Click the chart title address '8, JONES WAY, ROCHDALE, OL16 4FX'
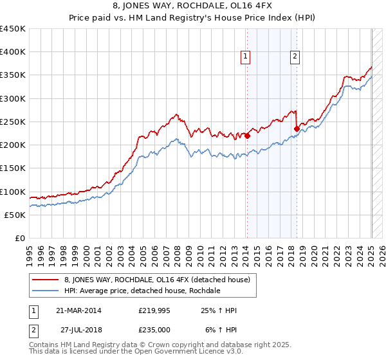click(x=193, y=6)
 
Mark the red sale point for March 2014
click(x=247, y=136)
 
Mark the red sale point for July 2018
click(x=296, y=129)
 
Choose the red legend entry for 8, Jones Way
click(x=161, y=279)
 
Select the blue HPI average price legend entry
click(x=142, y=291)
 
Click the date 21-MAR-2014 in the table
click(x=78, y=310)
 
